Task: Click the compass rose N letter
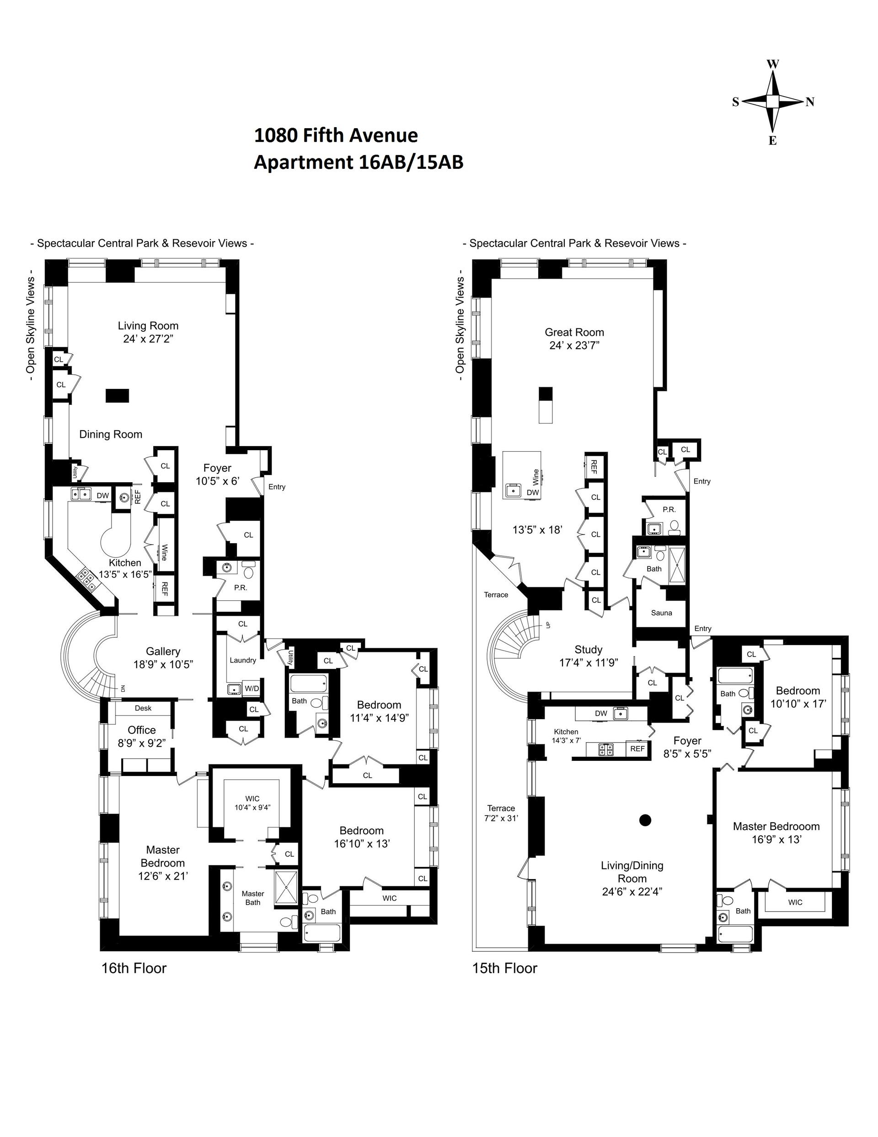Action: (x=810, y=102)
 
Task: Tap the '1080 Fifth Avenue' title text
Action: (x=336, y=135)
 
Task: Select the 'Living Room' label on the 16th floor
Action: (x=148, y=326)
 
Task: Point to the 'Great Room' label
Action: (x=574, y=332)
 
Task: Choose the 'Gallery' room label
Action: (x=163, y=651)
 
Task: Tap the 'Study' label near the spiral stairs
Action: (x=588, y=649)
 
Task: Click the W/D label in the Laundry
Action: (x=252, y=688)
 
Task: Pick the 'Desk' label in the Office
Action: (x=143, y=708)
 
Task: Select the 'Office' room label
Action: (x=142, y=730)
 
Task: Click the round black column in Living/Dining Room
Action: (x=645, y=820)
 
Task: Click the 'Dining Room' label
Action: (x=110, y=434)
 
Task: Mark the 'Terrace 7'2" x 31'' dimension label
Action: (x=501, y=813)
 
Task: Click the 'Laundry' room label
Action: (x=242, y=660)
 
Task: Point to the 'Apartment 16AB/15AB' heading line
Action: (x=358, y=162)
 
